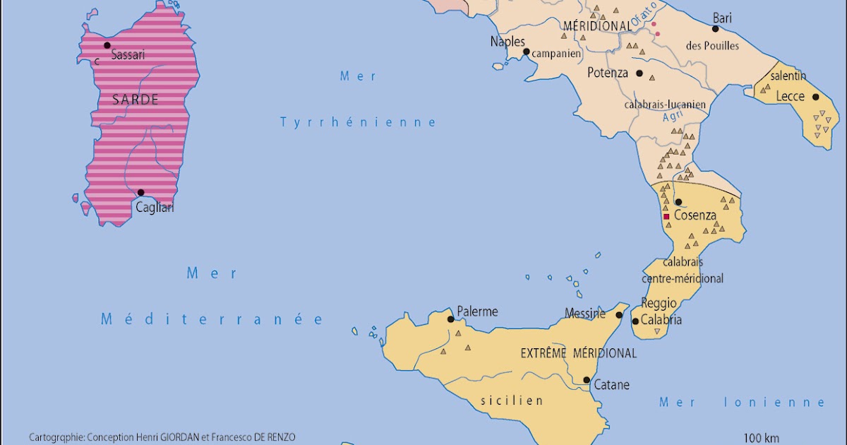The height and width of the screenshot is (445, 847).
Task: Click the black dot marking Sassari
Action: pos(107,45)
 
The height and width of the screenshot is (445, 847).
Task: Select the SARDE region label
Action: pos(136,100)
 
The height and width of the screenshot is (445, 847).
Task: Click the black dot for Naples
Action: pos(526,52)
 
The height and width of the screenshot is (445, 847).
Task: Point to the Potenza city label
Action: pos(607,72)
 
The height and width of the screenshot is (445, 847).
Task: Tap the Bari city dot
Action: pos(715,29)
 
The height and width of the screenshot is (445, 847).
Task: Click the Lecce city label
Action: pos(790,96)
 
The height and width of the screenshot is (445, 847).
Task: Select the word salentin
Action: pos(788,76)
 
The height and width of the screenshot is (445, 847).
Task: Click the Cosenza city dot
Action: pos(678,202)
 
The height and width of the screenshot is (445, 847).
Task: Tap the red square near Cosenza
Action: pos(666,217)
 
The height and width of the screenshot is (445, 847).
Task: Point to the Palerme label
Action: pos(477,311)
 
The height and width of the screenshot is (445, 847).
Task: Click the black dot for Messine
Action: pos(620,315)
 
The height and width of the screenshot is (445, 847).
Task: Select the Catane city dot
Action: pos(587,380)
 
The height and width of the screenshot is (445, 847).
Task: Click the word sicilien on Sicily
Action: pos(512,400)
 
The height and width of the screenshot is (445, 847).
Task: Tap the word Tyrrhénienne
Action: pos(359,122)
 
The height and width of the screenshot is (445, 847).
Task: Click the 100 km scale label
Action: pos(761,437)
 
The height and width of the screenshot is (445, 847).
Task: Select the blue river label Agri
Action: pos(671,118)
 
